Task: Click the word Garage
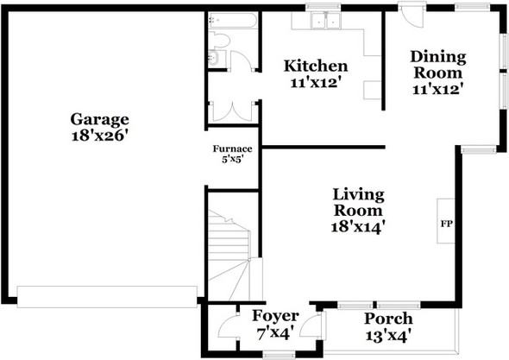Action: point(100,120)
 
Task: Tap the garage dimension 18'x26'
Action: point(98,136)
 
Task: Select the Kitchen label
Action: point(316,66)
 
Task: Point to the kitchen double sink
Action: point(325,20)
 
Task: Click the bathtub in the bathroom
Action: point(232,21)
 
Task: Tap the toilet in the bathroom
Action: point(219,40)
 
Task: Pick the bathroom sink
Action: point(214,58)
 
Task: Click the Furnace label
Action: point(232,149)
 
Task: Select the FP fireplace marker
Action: point(446,224)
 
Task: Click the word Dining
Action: point(438,57)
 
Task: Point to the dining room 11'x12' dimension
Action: point(437,89)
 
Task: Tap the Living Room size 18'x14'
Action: point(358,226)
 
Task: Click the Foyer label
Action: point(275,316)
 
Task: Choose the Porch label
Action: point(388,319)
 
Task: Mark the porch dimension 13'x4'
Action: point(386,336)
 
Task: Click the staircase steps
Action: point(229,255)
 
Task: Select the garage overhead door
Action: point(107,297)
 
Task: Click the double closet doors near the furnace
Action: point(232,112)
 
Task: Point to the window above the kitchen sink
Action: point(324,7)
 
